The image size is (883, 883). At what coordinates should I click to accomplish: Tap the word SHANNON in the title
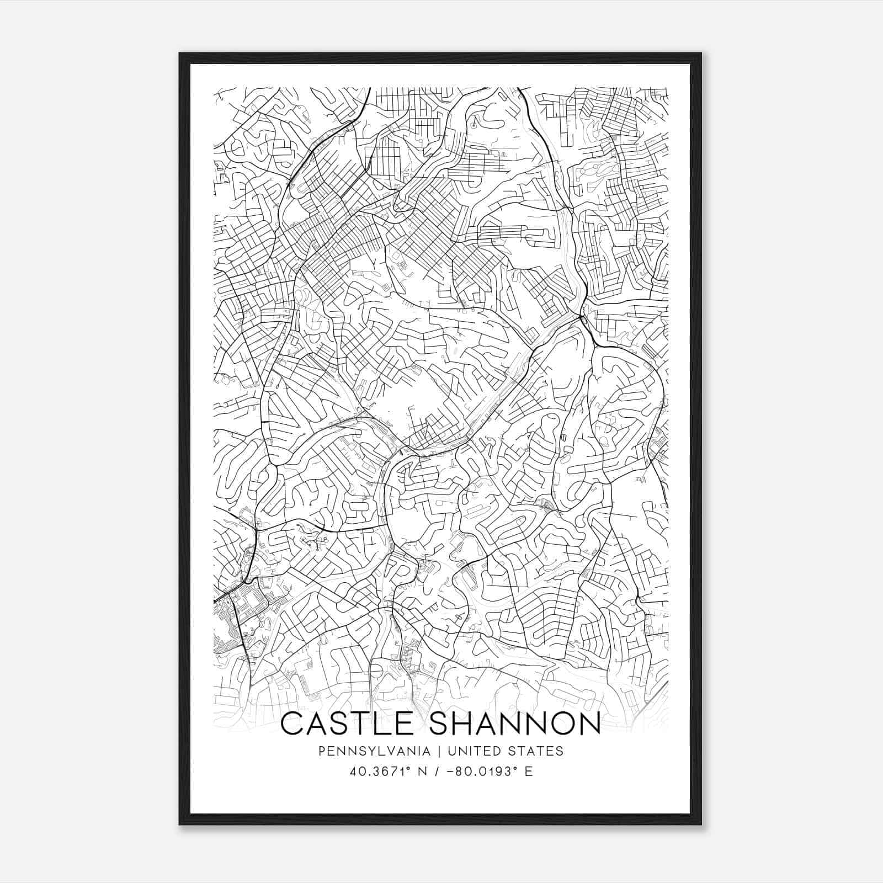pos(514,724)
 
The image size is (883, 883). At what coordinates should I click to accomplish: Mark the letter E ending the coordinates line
pos(529,772)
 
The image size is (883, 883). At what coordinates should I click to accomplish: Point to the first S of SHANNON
pos(440,724)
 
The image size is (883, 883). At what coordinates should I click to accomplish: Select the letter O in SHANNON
pos(556,724)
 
